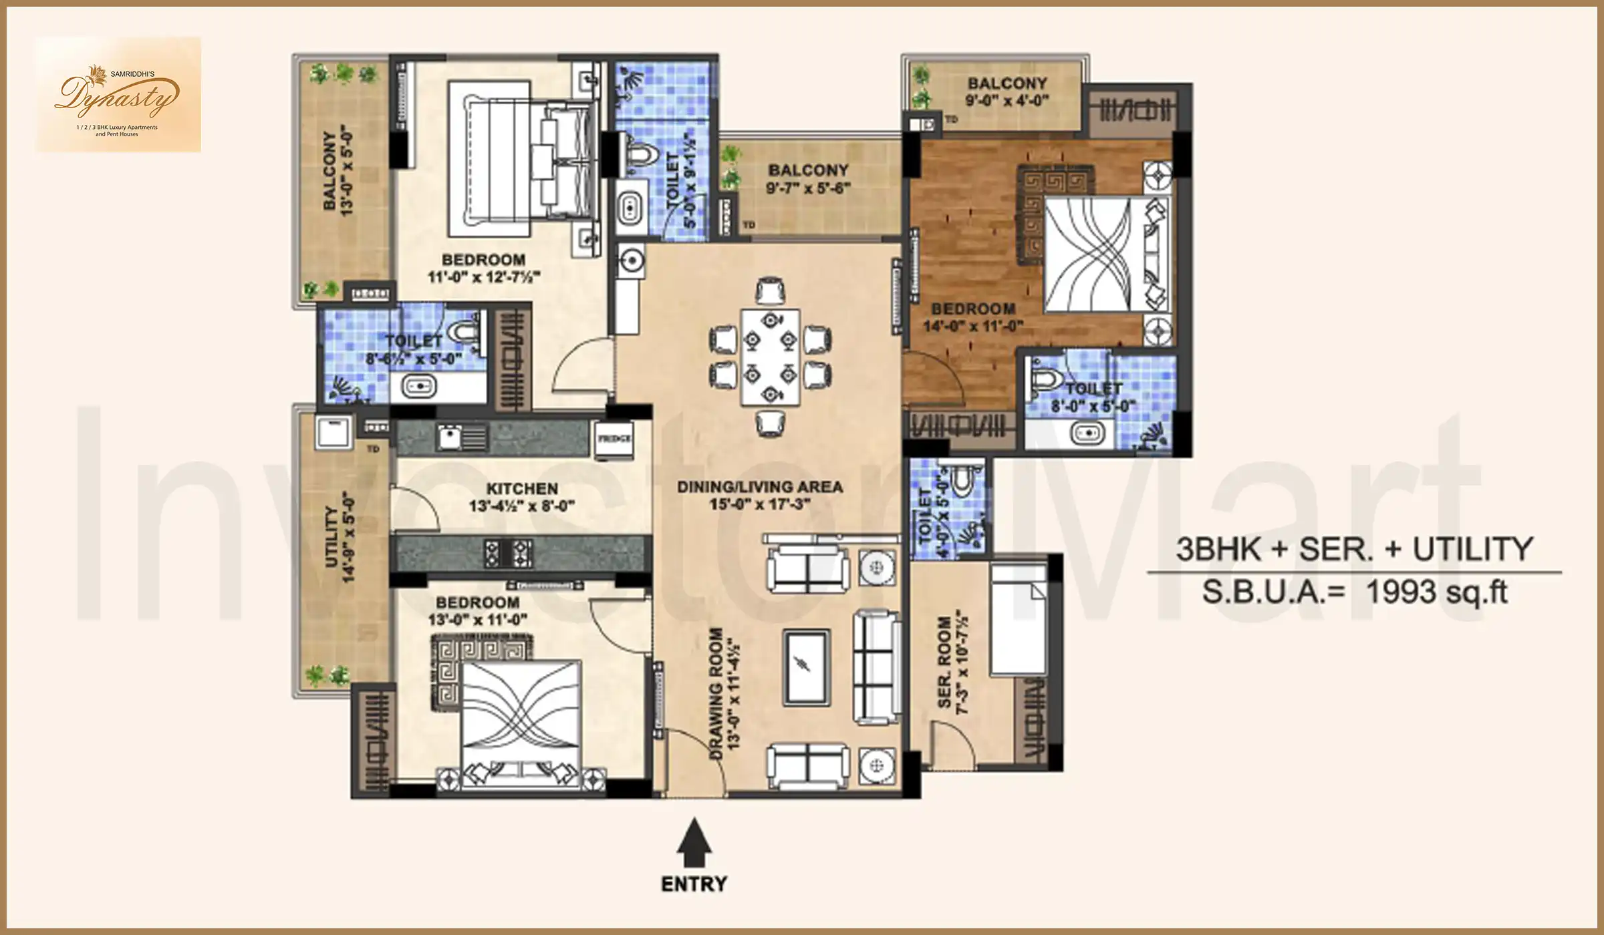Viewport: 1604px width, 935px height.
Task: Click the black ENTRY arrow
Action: click(x=694, y=846)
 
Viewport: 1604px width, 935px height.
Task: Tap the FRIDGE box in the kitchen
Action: click(x=614, y=439)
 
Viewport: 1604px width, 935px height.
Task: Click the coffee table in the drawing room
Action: click(x=807, y=667)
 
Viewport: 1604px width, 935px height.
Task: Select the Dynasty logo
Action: click(x=118, y=95)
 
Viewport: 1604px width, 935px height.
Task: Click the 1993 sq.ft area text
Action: click(x=1437, y=592)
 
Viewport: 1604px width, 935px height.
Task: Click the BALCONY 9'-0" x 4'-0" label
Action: click(x=1007, y=91)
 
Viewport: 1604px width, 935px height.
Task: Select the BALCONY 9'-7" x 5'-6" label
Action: click(x=807, y=179)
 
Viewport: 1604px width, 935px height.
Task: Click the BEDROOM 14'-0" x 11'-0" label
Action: click(x=973, y=317)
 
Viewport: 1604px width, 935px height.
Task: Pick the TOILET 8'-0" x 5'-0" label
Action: click(x=1093, y=397)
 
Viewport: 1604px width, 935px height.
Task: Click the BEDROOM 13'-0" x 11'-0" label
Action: click(x=477, y=610)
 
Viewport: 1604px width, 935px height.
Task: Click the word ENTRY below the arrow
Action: click(x=694, y=884)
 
